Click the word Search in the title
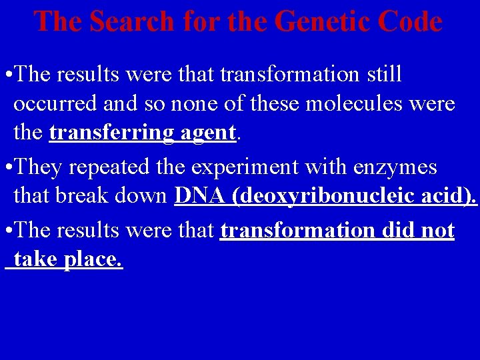pyautogui.click(x=131, y=22)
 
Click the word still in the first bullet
pyautogui.click(x=385, y=75)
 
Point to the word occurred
pyautogui.click(x=55, y=104)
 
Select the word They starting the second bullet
pyautogui.click(x=36, y=167)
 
